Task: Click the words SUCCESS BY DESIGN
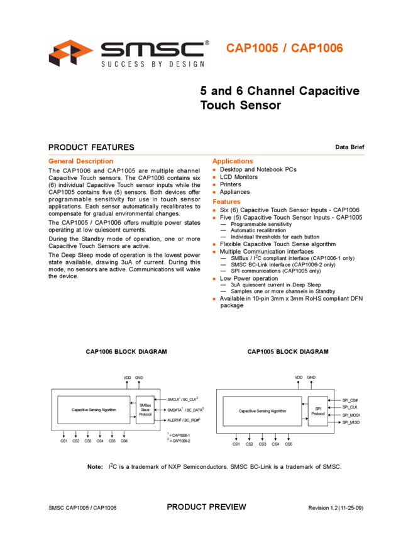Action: coord(153,64)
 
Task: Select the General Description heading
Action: coord(81,161)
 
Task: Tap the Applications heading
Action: coord(233,161)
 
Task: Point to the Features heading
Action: coord(227,202)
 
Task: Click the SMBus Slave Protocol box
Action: coord(145,410)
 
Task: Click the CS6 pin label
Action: coord(124,441)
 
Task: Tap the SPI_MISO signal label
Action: coord(350,422)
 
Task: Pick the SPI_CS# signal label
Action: coord(350,400)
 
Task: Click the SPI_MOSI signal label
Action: coord(350,415)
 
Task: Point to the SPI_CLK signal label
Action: coord(350,408)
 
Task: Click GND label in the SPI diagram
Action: coord(311,378)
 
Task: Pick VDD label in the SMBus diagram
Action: coord(127,378)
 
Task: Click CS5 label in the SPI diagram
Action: coord(289,444)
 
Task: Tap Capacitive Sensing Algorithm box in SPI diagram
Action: coord(263,411)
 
